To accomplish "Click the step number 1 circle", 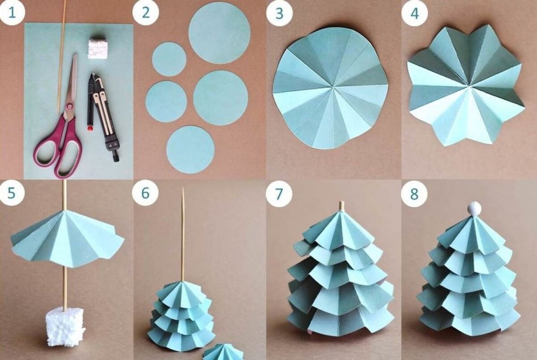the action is [x=12, y=13].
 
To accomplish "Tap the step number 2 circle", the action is [x=146, y=13].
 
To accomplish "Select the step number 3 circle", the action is [x=279, y=13].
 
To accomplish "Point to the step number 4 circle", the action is [x=415, y=13].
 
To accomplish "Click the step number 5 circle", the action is [x=12, y=193].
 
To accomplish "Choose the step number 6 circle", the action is [x=146, y=193].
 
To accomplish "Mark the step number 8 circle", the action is [x=414, y=194].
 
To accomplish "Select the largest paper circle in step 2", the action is [x=220, y=33].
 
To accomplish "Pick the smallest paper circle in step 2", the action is [x=169, y=59].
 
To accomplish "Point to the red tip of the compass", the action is [x=91, y=129].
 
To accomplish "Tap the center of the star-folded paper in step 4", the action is [x=467, y=85].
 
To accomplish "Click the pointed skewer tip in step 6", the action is [x=183, y=189].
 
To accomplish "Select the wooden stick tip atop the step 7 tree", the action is [x=341, y=205].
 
